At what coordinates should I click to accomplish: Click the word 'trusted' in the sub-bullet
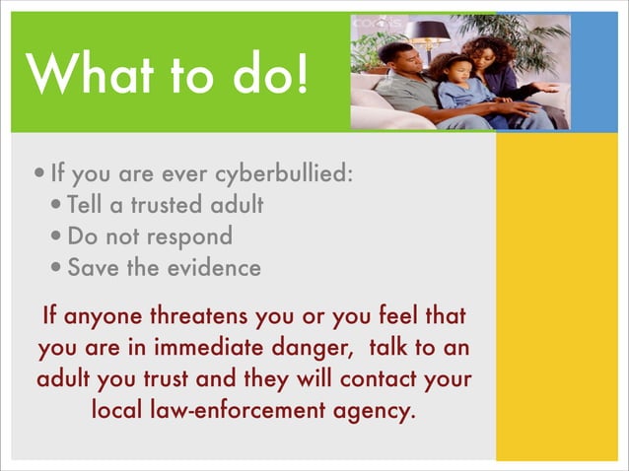(x=168, y=206)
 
